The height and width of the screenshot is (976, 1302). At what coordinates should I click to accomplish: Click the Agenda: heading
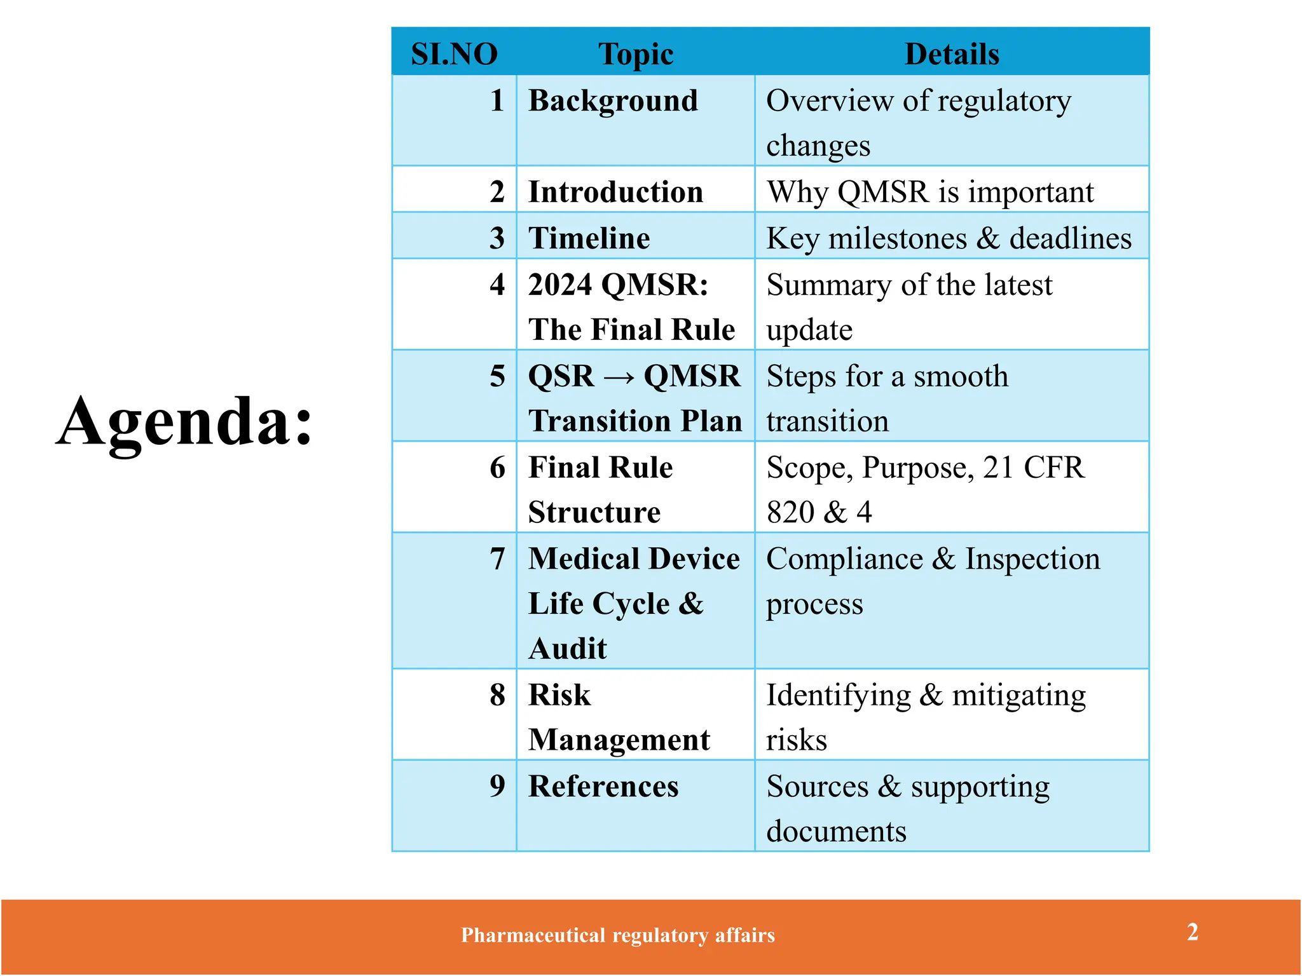click(185, 421)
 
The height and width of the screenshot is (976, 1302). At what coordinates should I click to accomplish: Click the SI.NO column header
click(454, 54)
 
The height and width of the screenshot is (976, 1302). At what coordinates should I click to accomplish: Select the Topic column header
click(636, 54)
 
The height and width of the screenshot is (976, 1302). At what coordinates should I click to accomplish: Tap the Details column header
click(952, 54)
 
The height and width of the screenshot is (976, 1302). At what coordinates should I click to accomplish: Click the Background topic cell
click(613, 101)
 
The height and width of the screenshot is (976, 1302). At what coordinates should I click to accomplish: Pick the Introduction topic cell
click(615, 192)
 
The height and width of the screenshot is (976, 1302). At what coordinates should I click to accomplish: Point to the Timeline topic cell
click(589, 238)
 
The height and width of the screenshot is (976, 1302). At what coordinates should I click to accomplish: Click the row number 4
click(497, 285)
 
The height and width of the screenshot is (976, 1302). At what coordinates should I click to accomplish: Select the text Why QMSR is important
click(930, 192)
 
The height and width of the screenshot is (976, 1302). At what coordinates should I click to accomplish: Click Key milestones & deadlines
click(949, 238)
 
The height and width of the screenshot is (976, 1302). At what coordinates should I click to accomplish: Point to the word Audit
click(568, 649)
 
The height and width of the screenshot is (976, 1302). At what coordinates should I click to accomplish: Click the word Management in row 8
click(619, 740)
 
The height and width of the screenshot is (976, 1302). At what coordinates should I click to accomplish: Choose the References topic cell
click(603, 786)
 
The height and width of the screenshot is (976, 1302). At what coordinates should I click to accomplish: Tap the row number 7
click(497, 559)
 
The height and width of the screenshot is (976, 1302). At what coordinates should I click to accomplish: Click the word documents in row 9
click(836, 831)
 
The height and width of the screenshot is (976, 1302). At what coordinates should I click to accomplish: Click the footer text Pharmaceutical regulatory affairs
click(618, 935)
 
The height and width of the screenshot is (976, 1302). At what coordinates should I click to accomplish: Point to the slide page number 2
click(1193, 932)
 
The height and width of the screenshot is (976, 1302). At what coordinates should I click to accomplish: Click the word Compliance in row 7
click(844, 559)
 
